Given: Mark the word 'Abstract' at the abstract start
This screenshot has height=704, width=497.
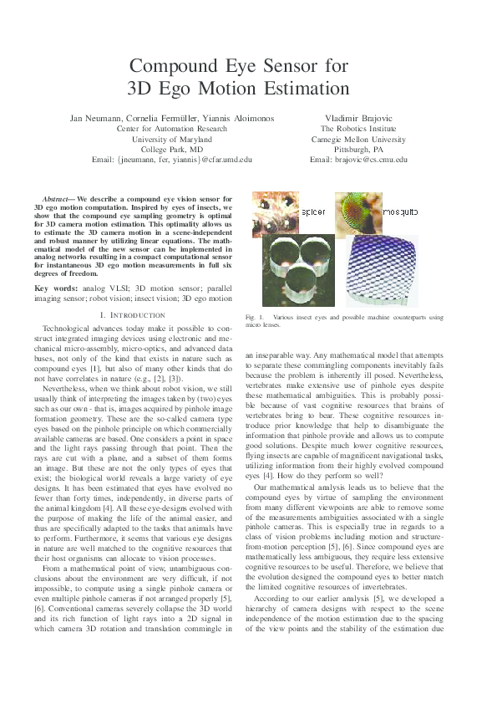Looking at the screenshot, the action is pos(57,197).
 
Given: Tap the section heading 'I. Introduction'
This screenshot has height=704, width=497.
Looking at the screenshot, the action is pos(132,314).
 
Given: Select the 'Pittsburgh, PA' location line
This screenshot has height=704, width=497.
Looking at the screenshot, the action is pos(358,149).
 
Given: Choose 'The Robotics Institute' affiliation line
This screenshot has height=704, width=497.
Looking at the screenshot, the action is pos(358,129).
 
